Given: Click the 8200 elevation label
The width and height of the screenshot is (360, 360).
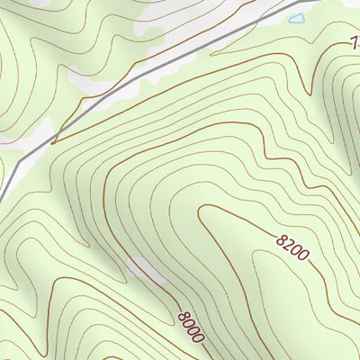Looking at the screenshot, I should pos(292,246).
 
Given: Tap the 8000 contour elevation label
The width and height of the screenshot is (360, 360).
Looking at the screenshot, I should pos(191,326).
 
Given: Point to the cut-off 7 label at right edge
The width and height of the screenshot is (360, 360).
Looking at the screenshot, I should pos(355,40).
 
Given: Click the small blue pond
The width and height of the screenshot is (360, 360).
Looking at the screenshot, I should pos(296,18).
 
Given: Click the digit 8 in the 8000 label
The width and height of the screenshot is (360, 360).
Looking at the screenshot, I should pos(183,315).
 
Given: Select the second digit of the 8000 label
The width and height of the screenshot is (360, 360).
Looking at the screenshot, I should pos(188,322).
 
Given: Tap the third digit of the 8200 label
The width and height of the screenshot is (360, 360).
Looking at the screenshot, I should pos(296,249).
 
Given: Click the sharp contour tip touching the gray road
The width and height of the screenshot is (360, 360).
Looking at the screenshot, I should pos(54,141).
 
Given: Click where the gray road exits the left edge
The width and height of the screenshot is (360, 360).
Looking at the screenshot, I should pos(2,193).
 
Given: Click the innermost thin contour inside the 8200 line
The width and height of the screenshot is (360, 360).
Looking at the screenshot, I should pos(270,297).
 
